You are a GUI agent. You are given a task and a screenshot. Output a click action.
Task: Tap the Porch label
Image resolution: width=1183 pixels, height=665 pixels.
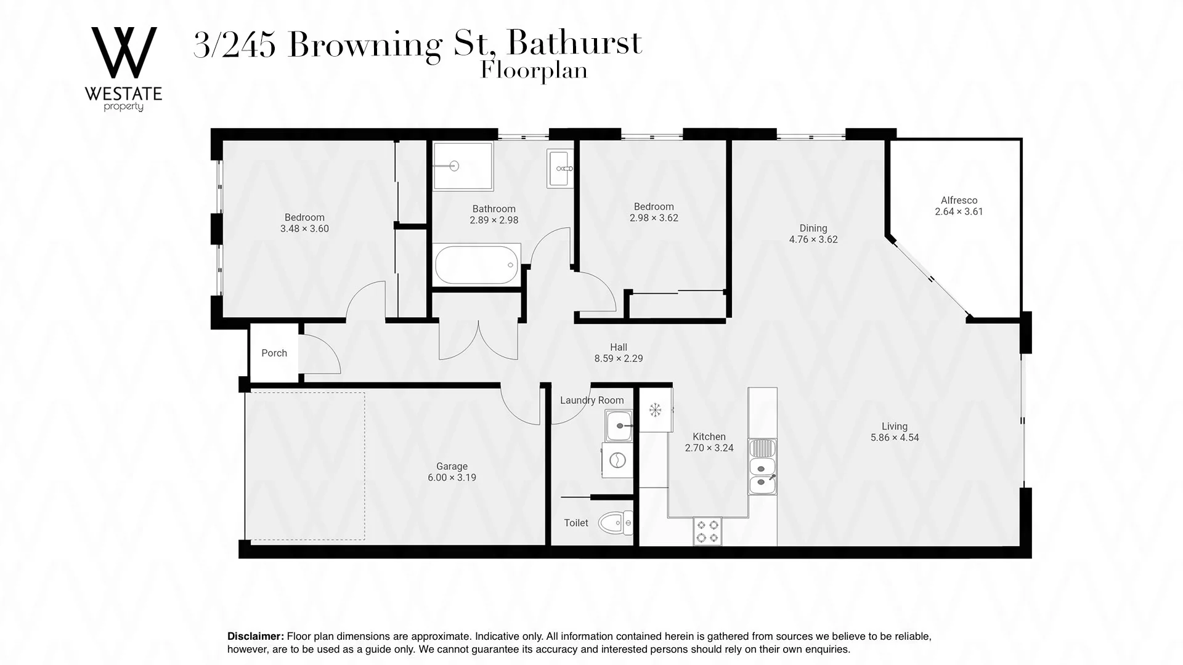click(x=274, y=353)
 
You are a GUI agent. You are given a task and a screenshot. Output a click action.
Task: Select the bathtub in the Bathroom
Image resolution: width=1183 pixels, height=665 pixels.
click(x=476, y=265)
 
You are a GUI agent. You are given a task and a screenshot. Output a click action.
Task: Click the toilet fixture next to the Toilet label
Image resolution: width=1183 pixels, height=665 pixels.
click(x=617, y=523)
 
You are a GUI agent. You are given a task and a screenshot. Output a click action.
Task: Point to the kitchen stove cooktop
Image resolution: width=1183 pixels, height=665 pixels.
click(x=707, y=531)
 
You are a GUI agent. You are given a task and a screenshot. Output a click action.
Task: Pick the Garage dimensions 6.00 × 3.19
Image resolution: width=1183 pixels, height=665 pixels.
click(x=452, y=477)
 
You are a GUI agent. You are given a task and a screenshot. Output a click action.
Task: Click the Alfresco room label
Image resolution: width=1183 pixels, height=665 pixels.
click(x=959, y=200)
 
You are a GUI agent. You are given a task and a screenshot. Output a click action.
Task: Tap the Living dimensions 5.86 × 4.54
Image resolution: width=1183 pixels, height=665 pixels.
click(x=894, y=438)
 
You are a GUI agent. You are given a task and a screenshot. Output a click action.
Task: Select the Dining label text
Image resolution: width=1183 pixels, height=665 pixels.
click(x=813, y=228)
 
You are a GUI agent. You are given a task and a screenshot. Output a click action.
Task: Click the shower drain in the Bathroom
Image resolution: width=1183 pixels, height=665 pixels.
click(x=455, y=165)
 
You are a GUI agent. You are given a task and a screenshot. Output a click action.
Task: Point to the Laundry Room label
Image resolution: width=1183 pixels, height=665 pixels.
click(x=591, y=400)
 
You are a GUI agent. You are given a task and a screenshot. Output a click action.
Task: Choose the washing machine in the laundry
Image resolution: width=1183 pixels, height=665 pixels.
click(x=617, y=460)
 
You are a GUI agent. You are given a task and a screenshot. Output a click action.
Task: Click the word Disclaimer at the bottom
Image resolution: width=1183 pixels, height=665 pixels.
click(x=256, y=636)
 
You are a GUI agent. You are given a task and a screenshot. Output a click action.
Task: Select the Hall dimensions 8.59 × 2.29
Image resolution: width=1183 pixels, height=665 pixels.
click(x=619, y=358)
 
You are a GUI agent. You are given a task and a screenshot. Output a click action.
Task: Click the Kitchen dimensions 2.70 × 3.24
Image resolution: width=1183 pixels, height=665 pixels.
click(x=709, y=448)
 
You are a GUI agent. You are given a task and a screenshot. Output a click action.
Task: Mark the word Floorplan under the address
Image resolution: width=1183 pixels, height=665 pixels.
click(x=534, y=71)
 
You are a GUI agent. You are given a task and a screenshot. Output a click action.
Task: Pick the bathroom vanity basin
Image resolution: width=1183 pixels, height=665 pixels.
click(x=560, y=168)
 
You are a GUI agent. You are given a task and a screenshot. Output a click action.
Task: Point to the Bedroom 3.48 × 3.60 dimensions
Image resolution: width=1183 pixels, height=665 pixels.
click(x=304, y=228)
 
